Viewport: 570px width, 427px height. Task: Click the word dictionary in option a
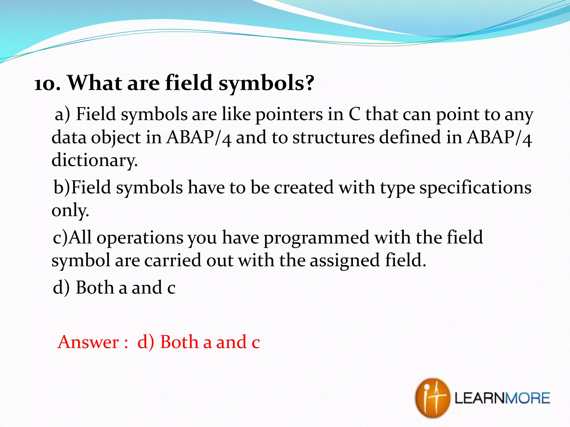tap(94, 160)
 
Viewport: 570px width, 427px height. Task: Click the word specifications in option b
tap(475, 187)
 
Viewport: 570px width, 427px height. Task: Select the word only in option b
tap(70, 211)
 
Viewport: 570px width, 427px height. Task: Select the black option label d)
tap(61, 288)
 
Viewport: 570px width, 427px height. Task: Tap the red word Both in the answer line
tap(179, 342)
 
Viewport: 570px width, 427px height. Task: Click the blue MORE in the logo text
tap(527, 398)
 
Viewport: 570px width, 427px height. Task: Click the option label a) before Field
tap(62, 115)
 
